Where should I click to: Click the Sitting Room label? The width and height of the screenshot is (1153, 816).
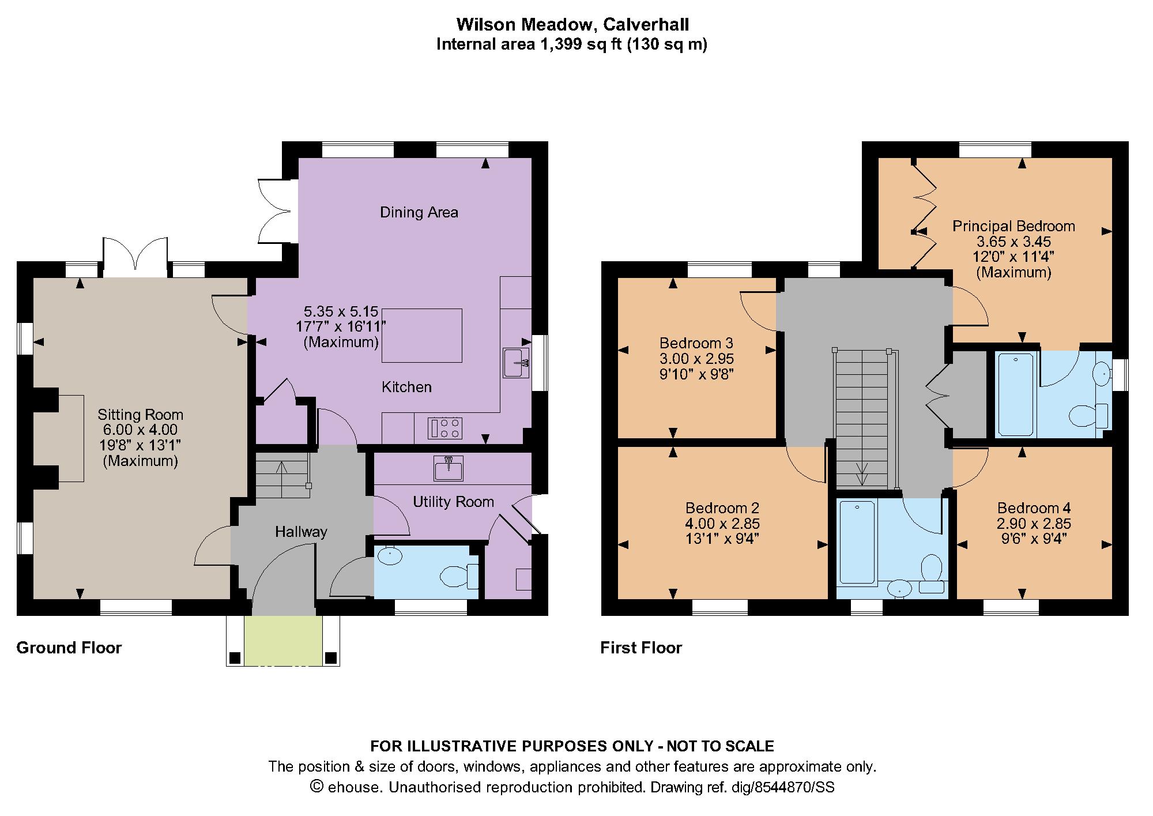click(x=140, y=415)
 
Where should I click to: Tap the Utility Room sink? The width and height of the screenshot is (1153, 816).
click(x=448, y=468)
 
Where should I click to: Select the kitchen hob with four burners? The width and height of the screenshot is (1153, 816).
click(x=445, y=428)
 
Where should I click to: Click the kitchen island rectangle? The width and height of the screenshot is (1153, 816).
click(x=422, y=335)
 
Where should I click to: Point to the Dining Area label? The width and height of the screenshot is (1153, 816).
click(x=419, y=212)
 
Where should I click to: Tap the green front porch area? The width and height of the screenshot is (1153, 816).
click(x=283, y=640)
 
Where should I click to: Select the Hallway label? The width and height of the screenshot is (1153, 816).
click(x=301, y=532)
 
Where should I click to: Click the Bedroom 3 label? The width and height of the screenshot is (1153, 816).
click(x=696, y=344)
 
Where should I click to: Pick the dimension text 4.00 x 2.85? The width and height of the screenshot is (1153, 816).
click(x=722, y=524)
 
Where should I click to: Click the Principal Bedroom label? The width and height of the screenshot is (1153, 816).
click(x=1013, y=226)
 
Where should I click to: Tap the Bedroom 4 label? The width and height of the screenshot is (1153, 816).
click(x=1034, y=508)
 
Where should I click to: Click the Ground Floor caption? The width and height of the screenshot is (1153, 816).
click(x=69, y=648)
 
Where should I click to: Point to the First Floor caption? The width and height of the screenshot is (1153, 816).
click(x=641, y=648)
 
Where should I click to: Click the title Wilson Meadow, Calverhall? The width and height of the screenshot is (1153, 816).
click(x=572, y=24)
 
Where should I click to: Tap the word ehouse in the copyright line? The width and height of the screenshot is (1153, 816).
click(x=355, y=787)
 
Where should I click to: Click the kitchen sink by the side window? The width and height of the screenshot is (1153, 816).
click(x=516, y=363)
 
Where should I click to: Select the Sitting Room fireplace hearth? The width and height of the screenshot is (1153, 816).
click(x=71, y=438)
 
